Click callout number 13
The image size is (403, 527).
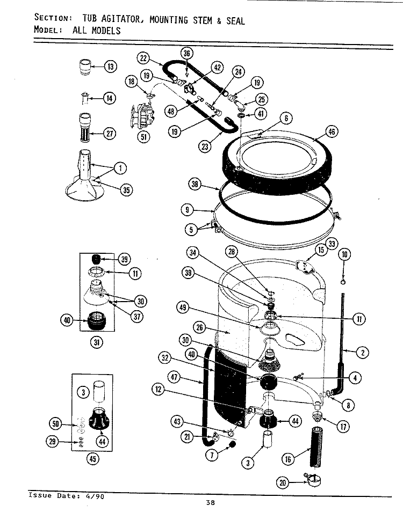(x=110, y=67)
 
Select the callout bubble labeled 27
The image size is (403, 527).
(x=110, y=134)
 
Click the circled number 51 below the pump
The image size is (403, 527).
(x=144, y=136)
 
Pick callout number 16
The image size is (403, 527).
(x=289, y=458)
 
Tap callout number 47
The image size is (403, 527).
(x=176, y=378)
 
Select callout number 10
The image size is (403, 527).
(x=344, y=255)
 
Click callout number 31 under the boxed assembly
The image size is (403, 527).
(x=97, y=342)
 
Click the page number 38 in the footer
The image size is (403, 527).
(x=211, y=503)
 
